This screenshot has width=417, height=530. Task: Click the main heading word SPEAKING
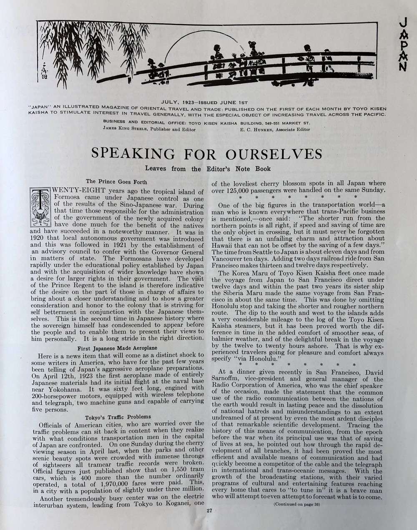point(133,153)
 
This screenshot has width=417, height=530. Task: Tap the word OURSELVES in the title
point(274,153)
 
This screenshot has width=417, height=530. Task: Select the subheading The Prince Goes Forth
point(116,181)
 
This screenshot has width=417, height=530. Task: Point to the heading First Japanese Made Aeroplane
point(117,348)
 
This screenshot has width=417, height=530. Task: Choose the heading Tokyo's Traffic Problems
point(118,417)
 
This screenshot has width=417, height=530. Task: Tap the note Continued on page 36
point(296,504)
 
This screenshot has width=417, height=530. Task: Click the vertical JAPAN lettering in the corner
point(402,44)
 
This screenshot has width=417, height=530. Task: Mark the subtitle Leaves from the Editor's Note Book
point(208,169)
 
